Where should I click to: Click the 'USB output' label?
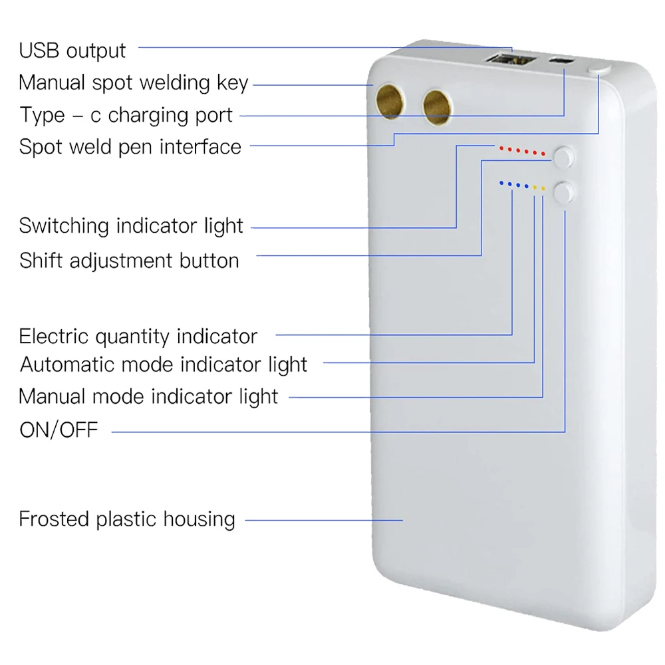(x=72, y=51)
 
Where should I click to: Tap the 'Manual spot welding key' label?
(x=133, y=82)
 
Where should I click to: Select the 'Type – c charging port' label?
(x=126, y=115)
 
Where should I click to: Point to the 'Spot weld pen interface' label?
(x=130, y=147)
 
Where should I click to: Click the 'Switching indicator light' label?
(x=131, y=225)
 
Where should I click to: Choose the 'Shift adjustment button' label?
(x=130, y=261)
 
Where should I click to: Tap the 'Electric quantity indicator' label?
(x=138, y=336)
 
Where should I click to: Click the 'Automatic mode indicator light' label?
(x=164, y=364)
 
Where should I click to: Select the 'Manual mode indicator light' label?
(x=148, y=396)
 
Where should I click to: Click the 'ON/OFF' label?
(x=59, y=430)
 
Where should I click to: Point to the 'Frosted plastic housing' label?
(x=127, y=519)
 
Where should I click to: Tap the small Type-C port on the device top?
(x=561, y=61)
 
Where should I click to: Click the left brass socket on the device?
(x=390, y=102)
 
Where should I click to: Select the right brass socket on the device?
(x=437, y=108)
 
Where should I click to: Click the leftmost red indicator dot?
(x=501, y=148)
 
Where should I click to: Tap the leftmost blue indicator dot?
(x=501, y=184)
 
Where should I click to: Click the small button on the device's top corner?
(x=599, y=70)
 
